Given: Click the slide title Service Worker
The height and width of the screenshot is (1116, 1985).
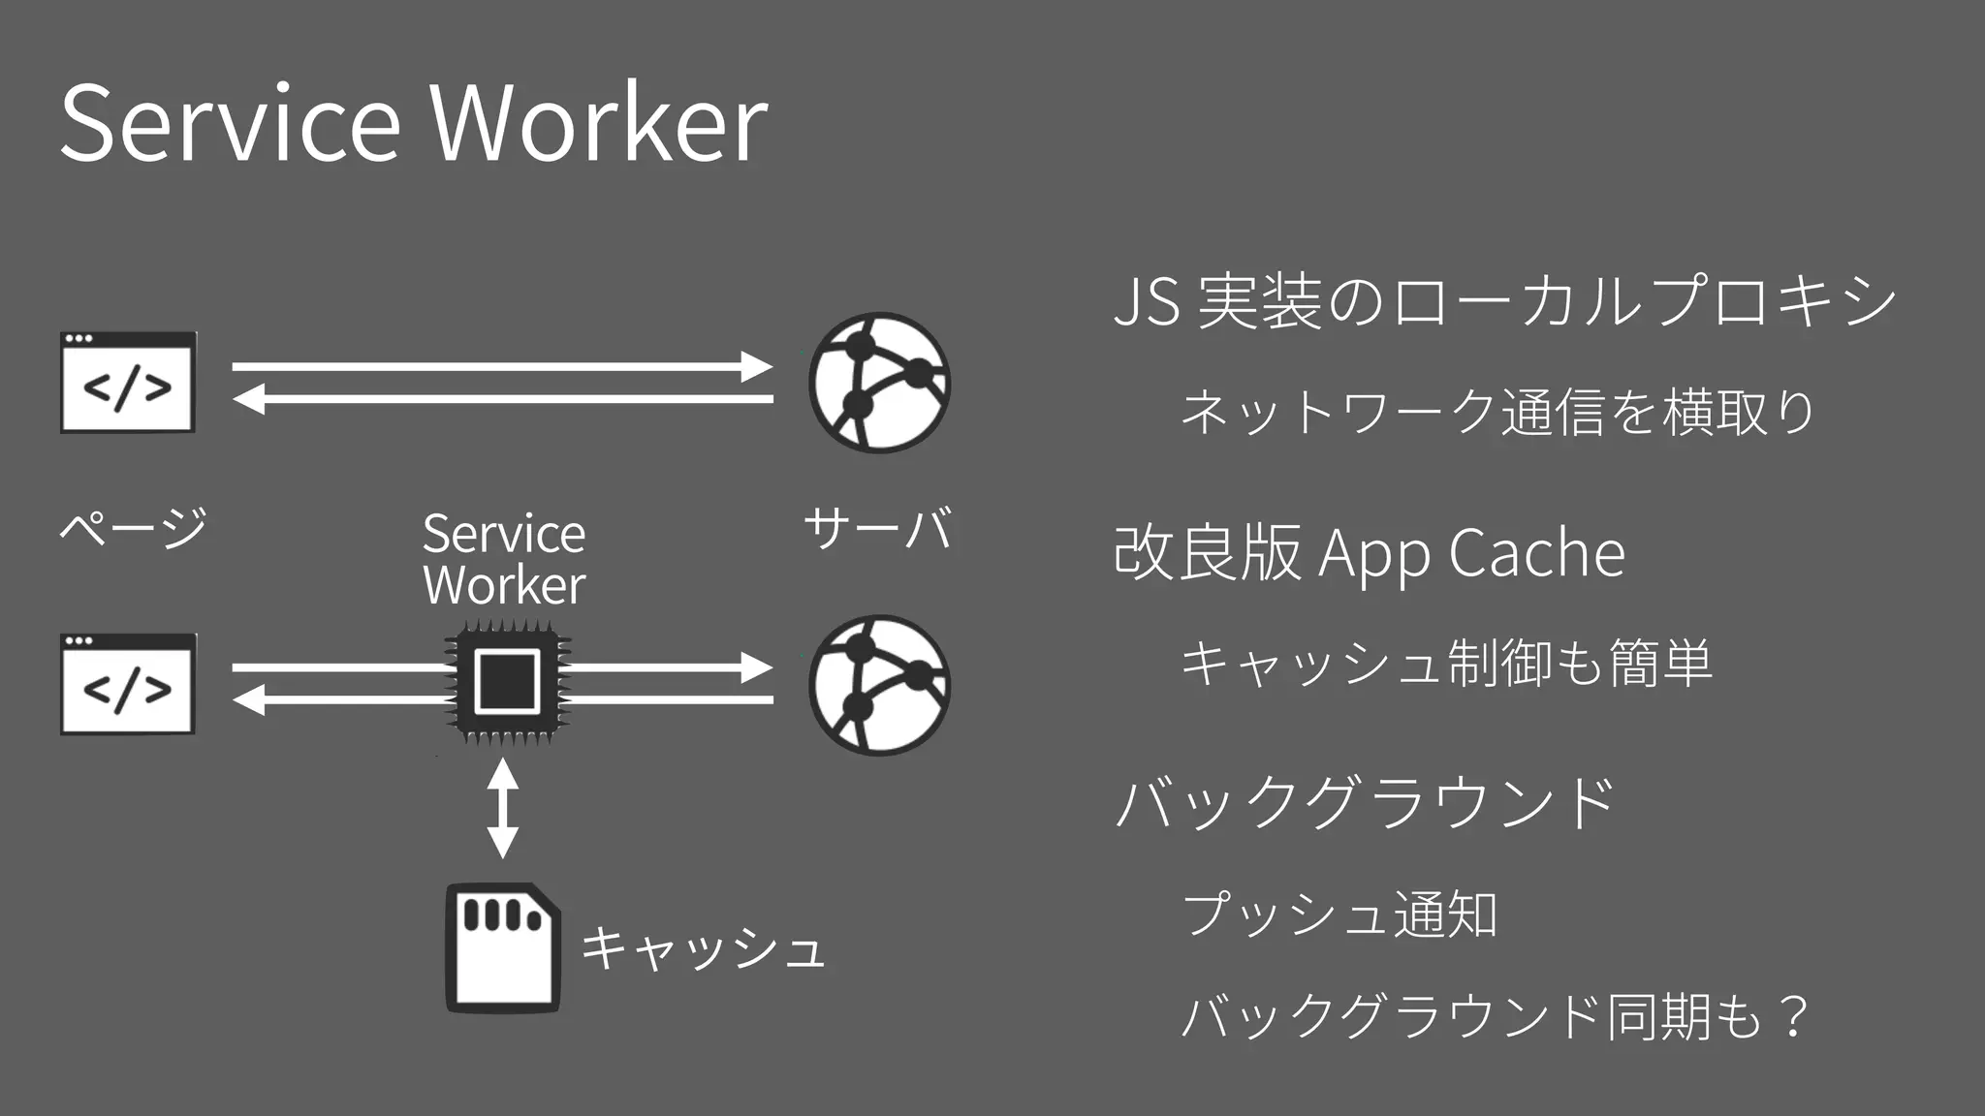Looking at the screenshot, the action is click(x=414, y=124).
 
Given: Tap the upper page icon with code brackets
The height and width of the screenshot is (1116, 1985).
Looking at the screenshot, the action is click(x=128, y=383).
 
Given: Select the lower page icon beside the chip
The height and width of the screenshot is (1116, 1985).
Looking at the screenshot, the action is click(x=128, y=685).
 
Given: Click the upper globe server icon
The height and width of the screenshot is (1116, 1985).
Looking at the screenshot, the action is click(x=879, y=383).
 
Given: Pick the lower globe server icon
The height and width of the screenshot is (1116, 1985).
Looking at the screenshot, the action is click(x=879, y=685).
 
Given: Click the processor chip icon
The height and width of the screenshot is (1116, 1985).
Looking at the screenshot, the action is click(x=507, y=683).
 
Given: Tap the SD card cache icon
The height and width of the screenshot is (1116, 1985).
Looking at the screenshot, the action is click(x=502, y=947).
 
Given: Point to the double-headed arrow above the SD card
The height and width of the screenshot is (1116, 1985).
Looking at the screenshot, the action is click(x=502, y=808).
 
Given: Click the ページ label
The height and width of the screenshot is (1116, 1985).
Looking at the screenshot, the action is click(x=134, y=528).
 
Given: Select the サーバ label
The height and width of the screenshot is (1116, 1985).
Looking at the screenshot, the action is click(x=878, y=528).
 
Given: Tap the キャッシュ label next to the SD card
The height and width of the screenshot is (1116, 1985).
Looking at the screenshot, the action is click(x=703, y=947).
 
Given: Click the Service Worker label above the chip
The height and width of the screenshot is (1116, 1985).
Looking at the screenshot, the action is click(x=504, y=559).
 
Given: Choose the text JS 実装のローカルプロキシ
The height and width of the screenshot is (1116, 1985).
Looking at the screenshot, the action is click(x=1504, y=300).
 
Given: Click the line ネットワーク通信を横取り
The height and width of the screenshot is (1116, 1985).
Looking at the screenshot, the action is click(x=1497, y=411).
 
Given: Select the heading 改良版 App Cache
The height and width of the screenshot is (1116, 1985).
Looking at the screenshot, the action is click(x=1369, y=553).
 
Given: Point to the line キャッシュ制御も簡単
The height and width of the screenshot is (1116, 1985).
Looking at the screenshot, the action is click(x=1446, y=664).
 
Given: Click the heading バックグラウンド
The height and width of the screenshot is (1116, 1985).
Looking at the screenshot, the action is click(x=1365, y=803).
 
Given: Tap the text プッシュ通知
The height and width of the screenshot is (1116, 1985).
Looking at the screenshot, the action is click(x=1339, y=914).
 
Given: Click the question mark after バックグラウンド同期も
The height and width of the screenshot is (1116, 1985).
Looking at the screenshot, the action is click(x=1794, y=1017).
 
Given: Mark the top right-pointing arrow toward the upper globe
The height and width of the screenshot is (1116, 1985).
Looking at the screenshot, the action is click(x=502, y=367).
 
